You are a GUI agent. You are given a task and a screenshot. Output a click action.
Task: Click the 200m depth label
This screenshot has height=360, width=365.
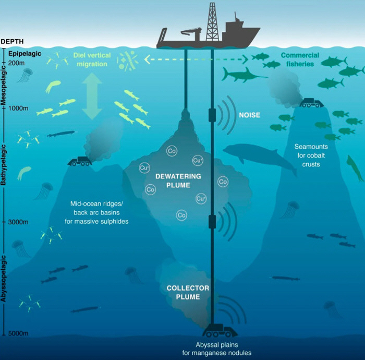click(x=17, y=63)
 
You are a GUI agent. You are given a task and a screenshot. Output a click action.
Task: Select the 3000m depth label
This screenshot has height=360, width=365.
click(x=19, y=222)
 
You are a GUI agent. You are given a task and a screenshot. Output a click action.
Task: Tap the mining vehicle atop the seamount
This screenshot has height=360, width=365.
click(x=312, y=103)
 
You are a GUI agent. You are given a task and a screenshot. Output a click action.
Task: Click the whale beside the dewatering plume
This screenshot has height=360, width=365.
click(x=258, y=157)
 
